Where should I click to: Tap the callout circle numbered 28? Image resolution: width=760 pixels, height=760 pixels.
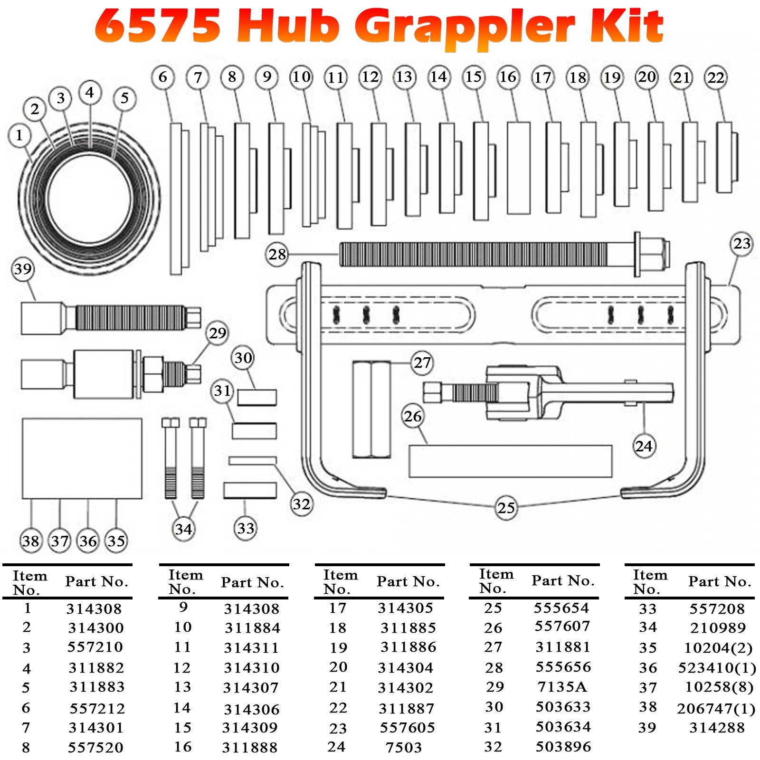coord(277,255)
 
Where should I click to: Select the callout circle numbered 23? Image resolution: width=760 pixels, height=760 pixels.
coord(741,244)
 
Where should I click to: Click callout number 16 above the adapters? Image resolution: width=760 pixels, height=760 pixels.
coord(508,77)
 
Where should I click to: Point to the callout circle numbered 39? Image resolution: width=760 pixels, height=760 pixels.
coord(23,269)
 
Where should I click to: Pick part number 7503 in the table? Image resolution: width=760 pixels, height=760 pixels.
coord(403,748)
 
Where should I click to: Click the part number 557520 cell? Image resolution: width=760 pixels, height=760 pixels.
coord(95,748)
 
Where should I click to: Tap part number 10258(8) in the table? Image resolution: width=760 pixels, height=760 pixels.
coord(719,687)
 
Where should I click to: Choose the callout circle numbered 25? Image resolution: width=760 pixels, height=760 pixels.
coord(506,508)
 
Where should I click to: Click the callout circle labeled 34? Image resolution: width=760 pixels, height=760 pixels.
coord(183,529)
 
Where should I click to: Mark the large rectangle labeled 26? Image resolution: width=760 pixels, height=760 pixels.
coord(510,461)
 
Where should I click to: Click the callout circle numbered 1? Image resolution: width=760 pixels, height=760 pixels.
coord(19,135)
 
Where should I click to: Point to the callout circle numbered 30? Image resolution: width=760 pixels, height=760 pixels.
coord(243,358)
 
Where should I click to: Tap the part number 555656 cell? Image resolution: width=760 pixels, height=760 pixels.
coord(563,667)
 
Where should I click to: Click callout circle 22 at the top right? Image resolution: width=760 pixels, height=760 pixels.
coord(715,77)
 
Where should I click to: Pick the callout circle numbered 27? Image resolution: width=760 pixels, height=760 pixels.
coord(422,363)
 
